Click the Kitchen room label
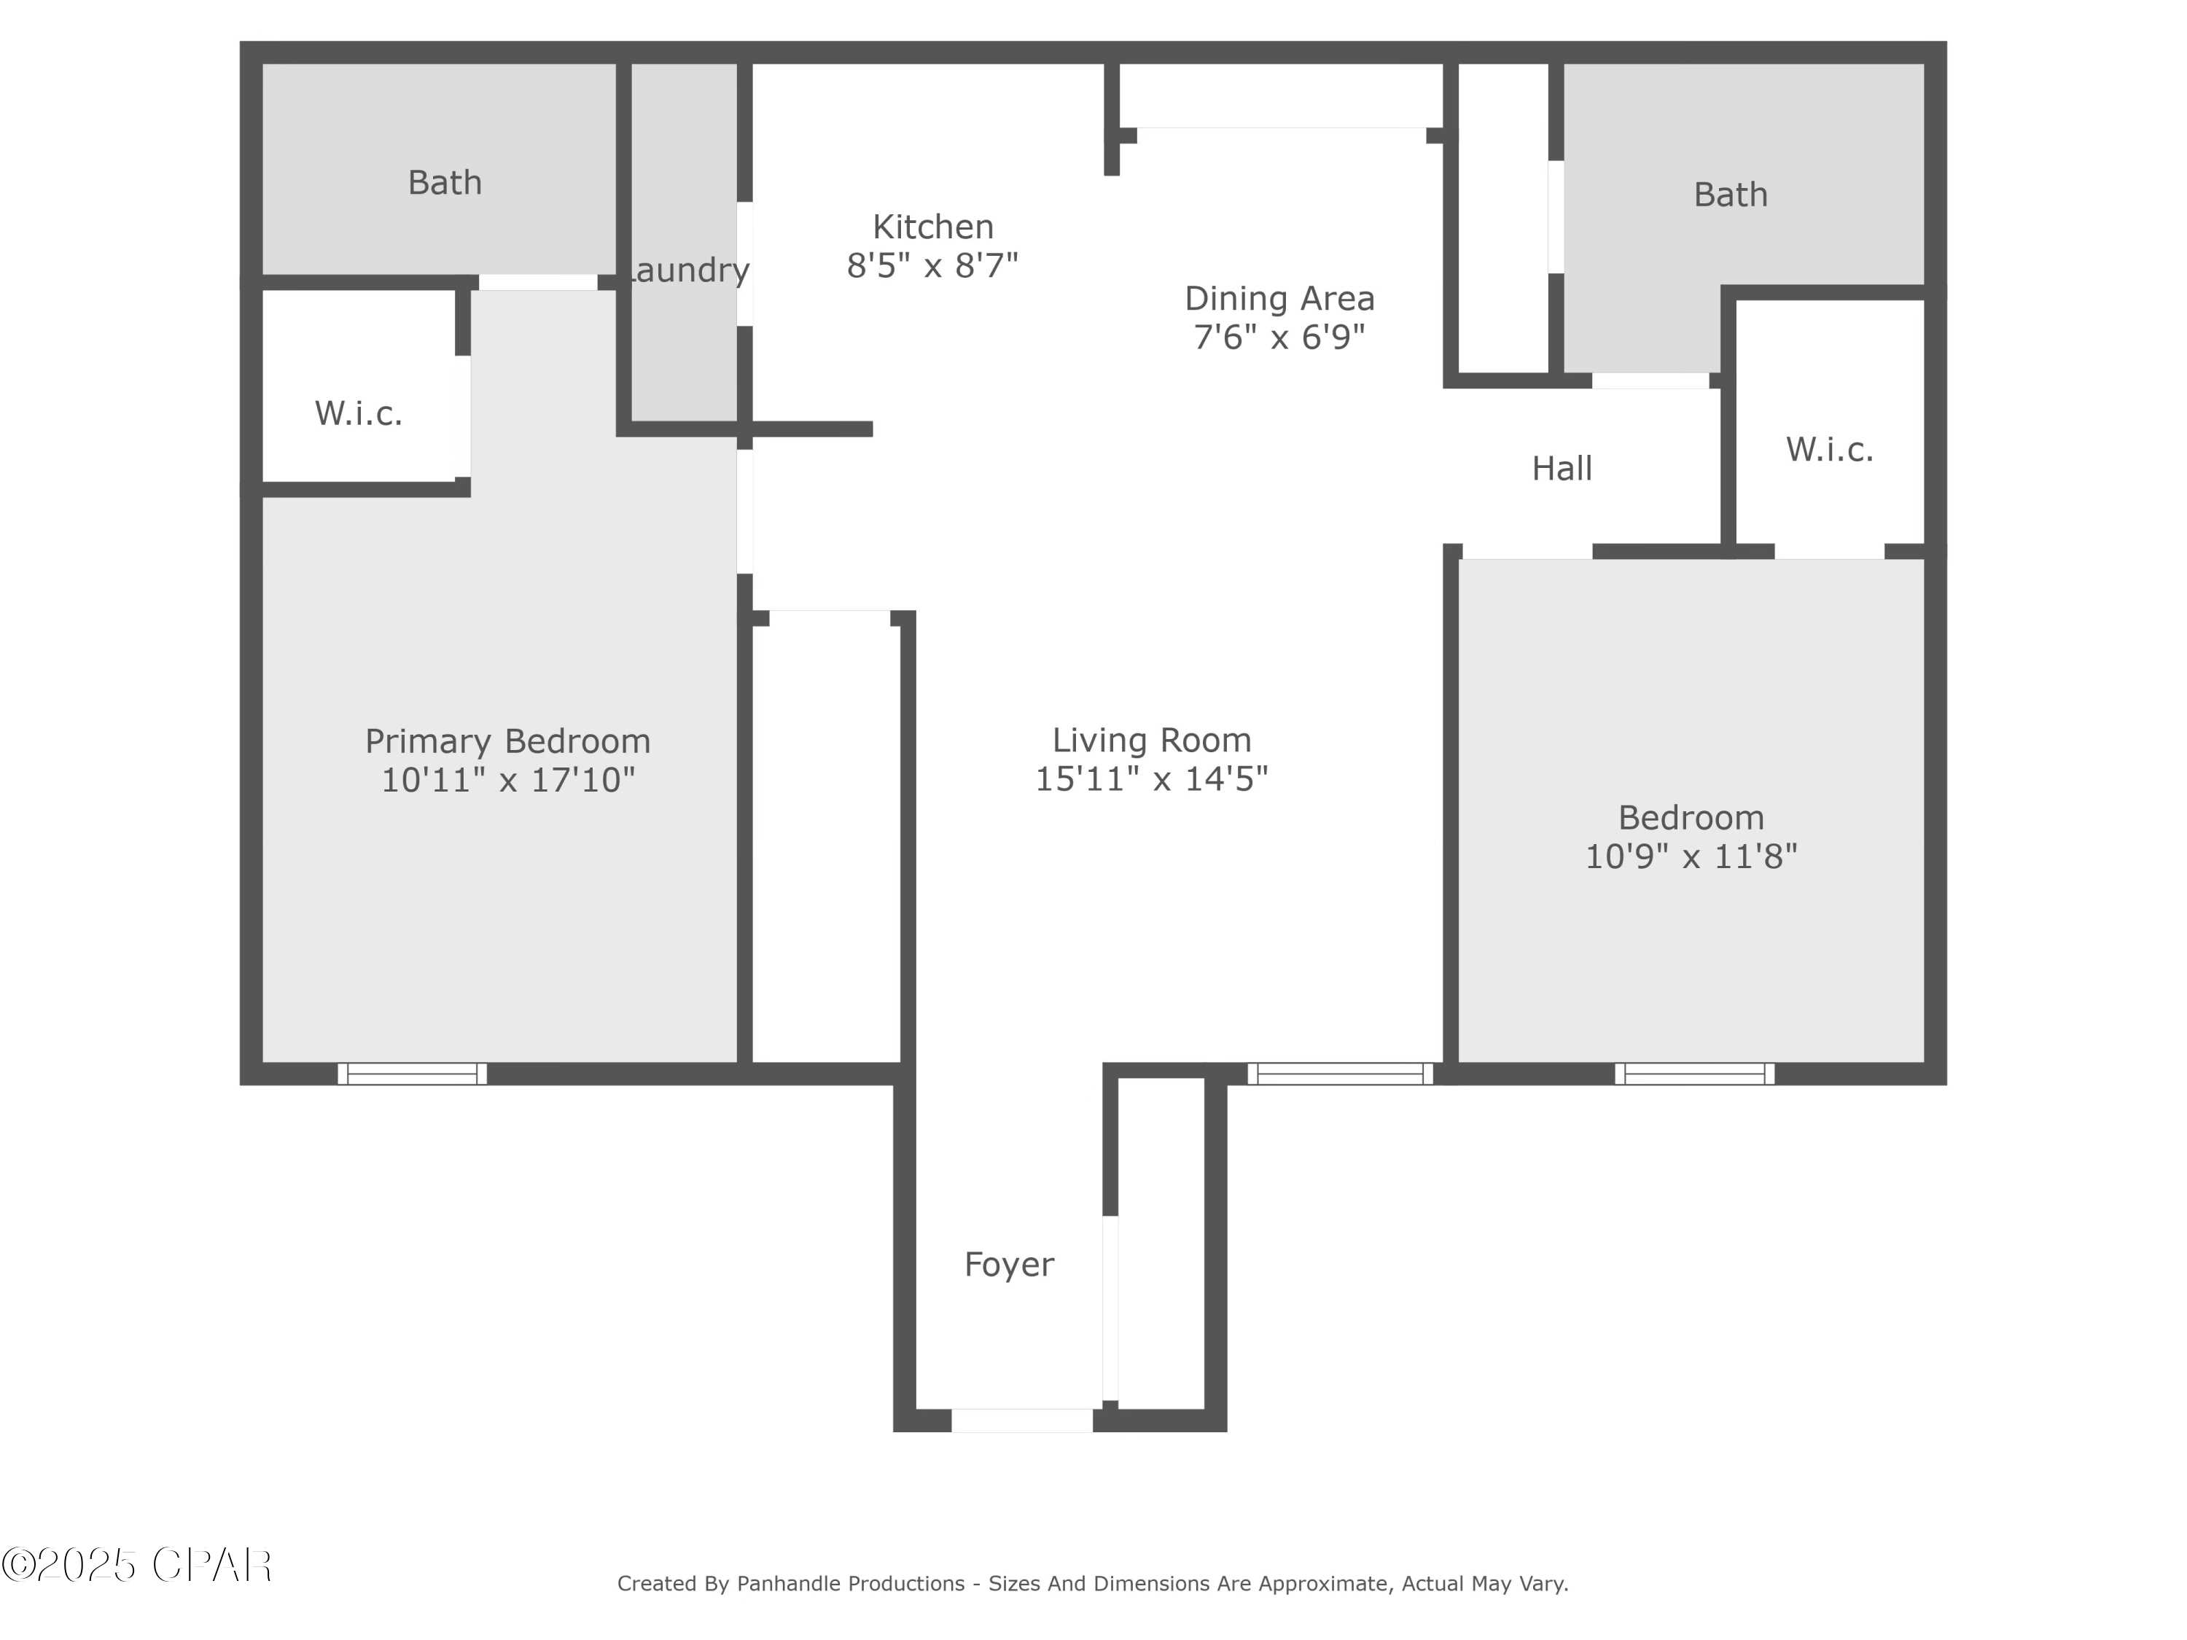pos(932,227)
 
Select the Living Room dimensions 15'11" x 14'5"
pos(1151,779)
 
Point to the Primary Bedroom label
pos(508,741)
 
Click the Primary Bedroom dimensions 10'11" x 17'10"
pos(508,780)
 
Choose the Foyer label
pos(1008,1265)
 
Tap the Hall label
pos(1562,469)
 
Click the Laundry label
pos(688,270)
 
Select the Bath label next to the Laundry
pos(445,183)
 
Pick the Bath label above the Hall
pos(1730,195)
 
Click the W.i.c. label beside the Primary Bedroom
pos(359,413)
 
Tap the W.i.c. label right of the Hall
pos(1829,450)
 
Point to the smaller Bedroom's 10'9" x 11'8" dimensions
pos(1691,856)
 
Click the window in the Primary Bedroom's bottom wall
pos(413,1074)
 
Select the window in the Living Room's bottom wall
pos(1340,1074)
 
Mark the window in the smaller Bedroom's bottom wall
pos(1695,1074)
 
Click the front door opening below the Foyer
pos(1021,1421)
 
